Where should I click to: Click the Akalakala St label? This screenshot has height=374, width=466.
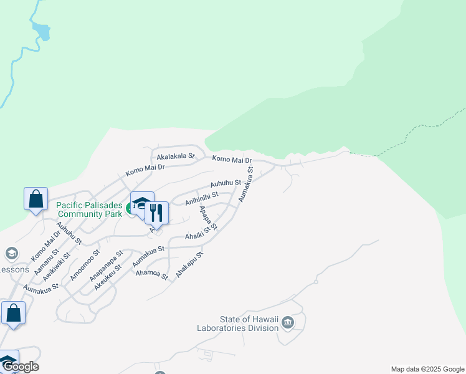(176, 156)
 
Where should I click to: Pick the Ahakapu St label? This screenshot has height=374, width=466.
(189, 265)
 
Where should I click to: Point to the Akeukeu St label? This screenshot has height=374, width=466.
(108, 277)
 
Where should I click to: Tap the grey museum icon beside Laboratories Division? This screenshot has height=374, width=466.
(287, 322)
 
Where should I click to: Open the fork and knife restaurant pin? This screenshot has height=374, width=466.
(156, 213)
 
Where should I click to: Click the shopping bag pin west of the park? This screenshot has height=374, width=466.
(36, 199)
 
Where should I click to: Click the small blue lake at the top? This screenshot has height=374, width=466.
(42, 31)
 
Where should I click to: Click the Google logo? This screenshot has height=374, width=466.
(20, 367)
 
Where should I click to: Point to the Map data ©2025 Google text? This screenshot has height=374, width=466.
(427, 369)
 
